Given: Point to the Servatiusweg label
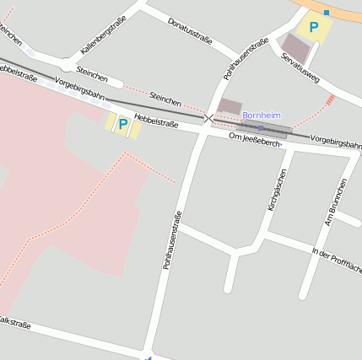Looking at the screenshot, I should [x=300, y=67].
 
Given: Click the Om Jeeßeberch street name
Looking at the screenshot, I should [x=254, y=139].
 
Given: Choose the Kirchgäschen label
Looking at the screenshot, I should [x=276, y=190].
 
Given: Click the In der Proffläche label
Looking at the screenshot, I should [x=336, y=261].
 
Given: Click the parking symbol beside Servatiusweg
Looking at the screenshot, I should [x=314, y=28].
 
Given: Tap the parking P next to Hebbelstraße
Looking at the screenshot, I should [x=123, y=125].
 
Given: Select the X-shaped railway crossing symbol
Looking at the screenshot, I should [x=208, y=119].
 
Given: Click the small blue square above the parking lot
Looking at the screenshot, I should [x=326, y=13].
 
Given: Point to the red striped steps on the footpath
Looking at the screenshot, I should [x=330, y=99].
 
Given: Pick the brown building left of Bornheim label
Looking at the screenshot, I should [x=229, y=107].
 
